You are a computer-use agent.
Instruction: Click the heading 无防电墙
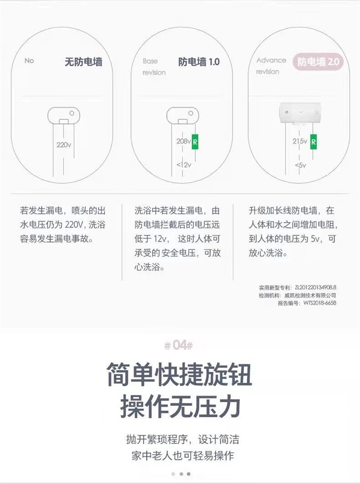[x=84, y=62]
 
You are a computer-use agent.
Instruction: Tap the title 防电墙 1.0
[x=199, y=62]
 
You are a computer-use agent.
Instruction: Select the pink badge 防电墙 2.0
[x=318, y=62]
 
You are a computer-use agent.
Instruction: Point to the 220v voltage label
[x=64, y=145]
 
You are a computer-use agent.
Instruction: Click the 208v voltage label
[x=184, y=141]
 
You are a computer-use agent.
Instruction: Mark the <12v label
[x=184, y=165]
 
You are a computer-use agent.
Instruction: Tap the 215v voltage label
[x=300, y=141]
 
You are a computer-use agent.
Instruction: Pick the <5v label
[x=300, y=165]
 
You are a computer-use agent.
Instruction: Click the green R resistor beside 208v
[x=195, y=142]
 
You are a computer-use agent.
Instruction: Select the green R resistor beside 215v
[x=313, y=142]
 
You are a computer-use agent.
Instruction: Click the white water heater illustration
[x=300, y=113]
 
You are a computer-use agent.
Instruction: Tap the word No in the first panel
[x=29, y=61]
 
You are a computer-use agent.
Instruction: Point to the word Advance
[x=271, y=60]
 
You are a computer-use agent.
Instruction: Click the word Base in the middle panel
[x=150, y=61]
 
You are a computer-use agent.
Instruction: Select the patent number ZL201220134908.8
[x=315, y=288]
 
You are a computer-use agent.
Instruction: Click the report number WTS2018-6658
[x=320, y=303]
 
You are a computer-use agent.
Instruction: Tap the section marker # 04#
[x=179, y=345]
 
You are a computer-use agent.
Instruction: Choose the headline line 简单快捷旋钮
[x=180, y=375]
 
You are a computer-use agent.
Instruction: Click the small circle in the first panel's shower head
[x=72, y=113]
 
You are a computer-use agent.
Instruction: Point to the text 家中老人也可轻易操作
[x=183, y=456]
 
